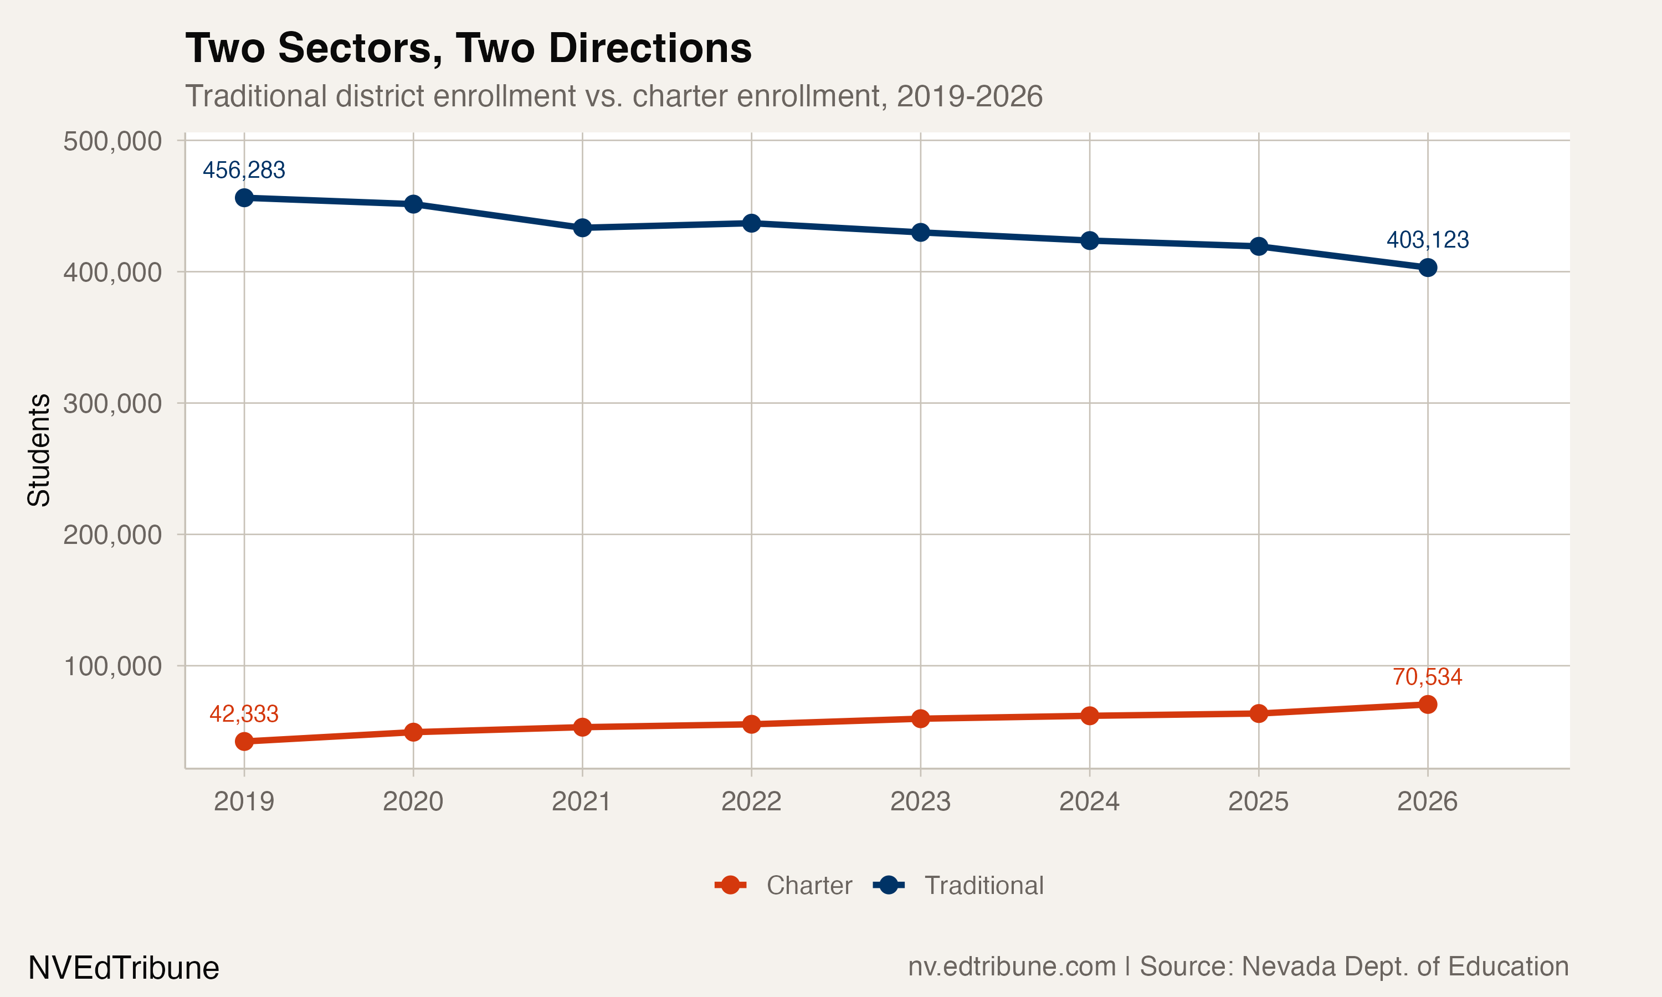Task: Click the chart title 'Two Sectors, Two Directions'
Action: point(468,48)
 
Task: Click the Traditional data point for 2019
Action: point(244,198)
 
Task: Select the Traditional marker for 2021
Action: point(582,228)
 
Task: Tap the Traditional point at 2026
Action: point(1428,268)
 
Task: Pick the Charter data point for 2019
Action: point(244,741)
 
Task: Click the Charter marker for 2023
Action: point(920,718)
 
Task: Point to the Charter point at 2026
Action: point(1428,704)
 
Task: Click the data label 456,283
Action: point(244,170)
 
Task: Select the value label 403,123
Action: point(1428,240)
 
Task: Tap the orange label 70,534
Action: point(1427,676)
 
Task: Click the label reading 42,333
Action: point(244,713)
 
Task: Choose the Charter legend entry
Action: point(783,886)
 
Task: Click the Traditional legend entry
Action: point(958,886)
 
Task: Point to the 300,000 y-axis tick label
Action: point(112,404)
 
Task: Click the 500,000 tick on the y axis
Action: point(112,141)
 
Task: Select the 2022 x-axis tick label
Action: point(751,801)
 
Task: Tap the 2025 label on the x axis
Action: point(1258,801)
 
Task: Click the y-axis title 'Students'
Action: point(39,450)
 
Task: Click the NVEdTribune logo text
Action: point(124,968)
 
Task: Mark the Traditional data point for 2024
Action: point(1090,240)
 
